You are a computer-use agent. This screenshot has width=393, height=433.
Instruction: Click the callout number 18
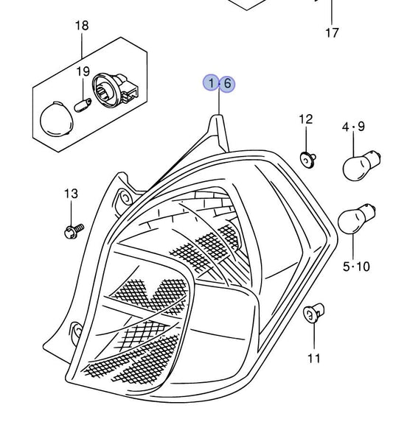point(82,25)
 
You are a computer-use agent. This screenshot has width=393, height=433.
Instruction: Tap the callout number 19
point(83,71)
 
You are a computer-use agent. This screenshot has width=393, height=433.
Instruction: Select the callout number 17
point(332,32)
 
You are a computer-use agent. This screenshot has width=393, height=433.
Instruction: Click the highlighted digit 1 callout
point(212,83)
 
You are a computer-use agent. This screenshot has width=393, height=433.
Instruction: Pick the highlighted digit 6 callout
point(227,83)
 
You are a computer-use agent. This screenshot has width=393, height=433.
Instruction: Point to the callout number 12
point(305,119)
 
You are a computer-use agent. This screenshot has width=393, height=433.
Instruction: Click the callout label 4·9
point(353,127)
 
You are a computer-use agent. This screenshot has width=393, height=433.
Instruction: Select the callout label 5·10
point(356,267)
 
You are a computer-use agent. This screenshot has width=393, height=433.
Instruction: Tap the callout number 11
point(314,358)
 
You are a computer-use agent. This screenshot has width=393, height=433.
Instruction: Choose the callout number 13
point(71,194)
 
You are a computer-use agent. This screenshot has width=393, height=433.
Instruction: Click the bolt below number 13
point(74,231)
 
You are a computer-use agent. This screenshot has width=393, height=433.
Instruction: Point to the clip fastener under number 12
point(307,160)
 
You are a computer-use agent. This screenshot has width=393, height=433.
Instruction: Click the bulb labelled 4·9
point(361,166)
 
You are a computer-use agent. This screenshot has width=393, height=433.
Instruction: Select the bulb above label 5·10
point(355,219)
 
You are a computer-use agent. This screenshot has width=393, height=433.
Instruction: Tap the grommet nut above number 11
point(313,312)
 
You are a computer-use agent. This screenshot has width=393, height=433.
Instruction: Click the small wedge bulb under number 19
point(83,105)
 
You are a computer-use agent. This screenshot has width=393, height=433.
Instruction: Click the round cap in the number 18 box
point(56,119)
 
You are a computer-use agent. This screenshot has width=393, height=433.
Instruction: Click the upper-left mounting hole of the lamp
point(125,197)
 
